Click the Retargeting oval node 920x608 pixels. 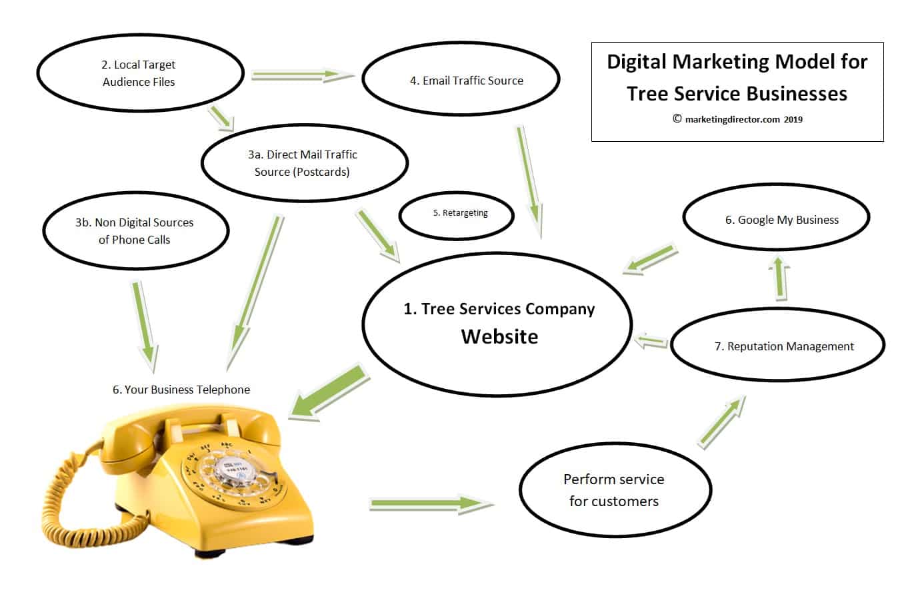pos(457,214)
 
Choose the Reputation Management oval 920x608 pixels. pos(777,346)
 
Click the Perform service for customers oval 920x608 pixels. pos(615,490)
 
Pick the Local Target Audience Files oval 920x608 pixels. pos(139,73)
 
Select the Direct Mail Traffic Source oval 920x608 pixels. pos(304,163)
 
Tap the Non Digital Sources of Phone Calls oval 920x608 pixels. pos(135,231)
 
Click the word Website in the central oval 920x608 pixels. pos(499,337)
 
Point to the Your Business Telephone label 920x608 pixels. pos(181,390)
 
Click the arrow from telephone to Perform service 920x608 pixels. pos(431,503)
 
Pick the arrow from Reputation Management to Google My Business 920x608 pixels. pos(779,278)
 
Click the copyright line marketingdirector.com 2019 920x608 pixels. pos(737,120)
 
